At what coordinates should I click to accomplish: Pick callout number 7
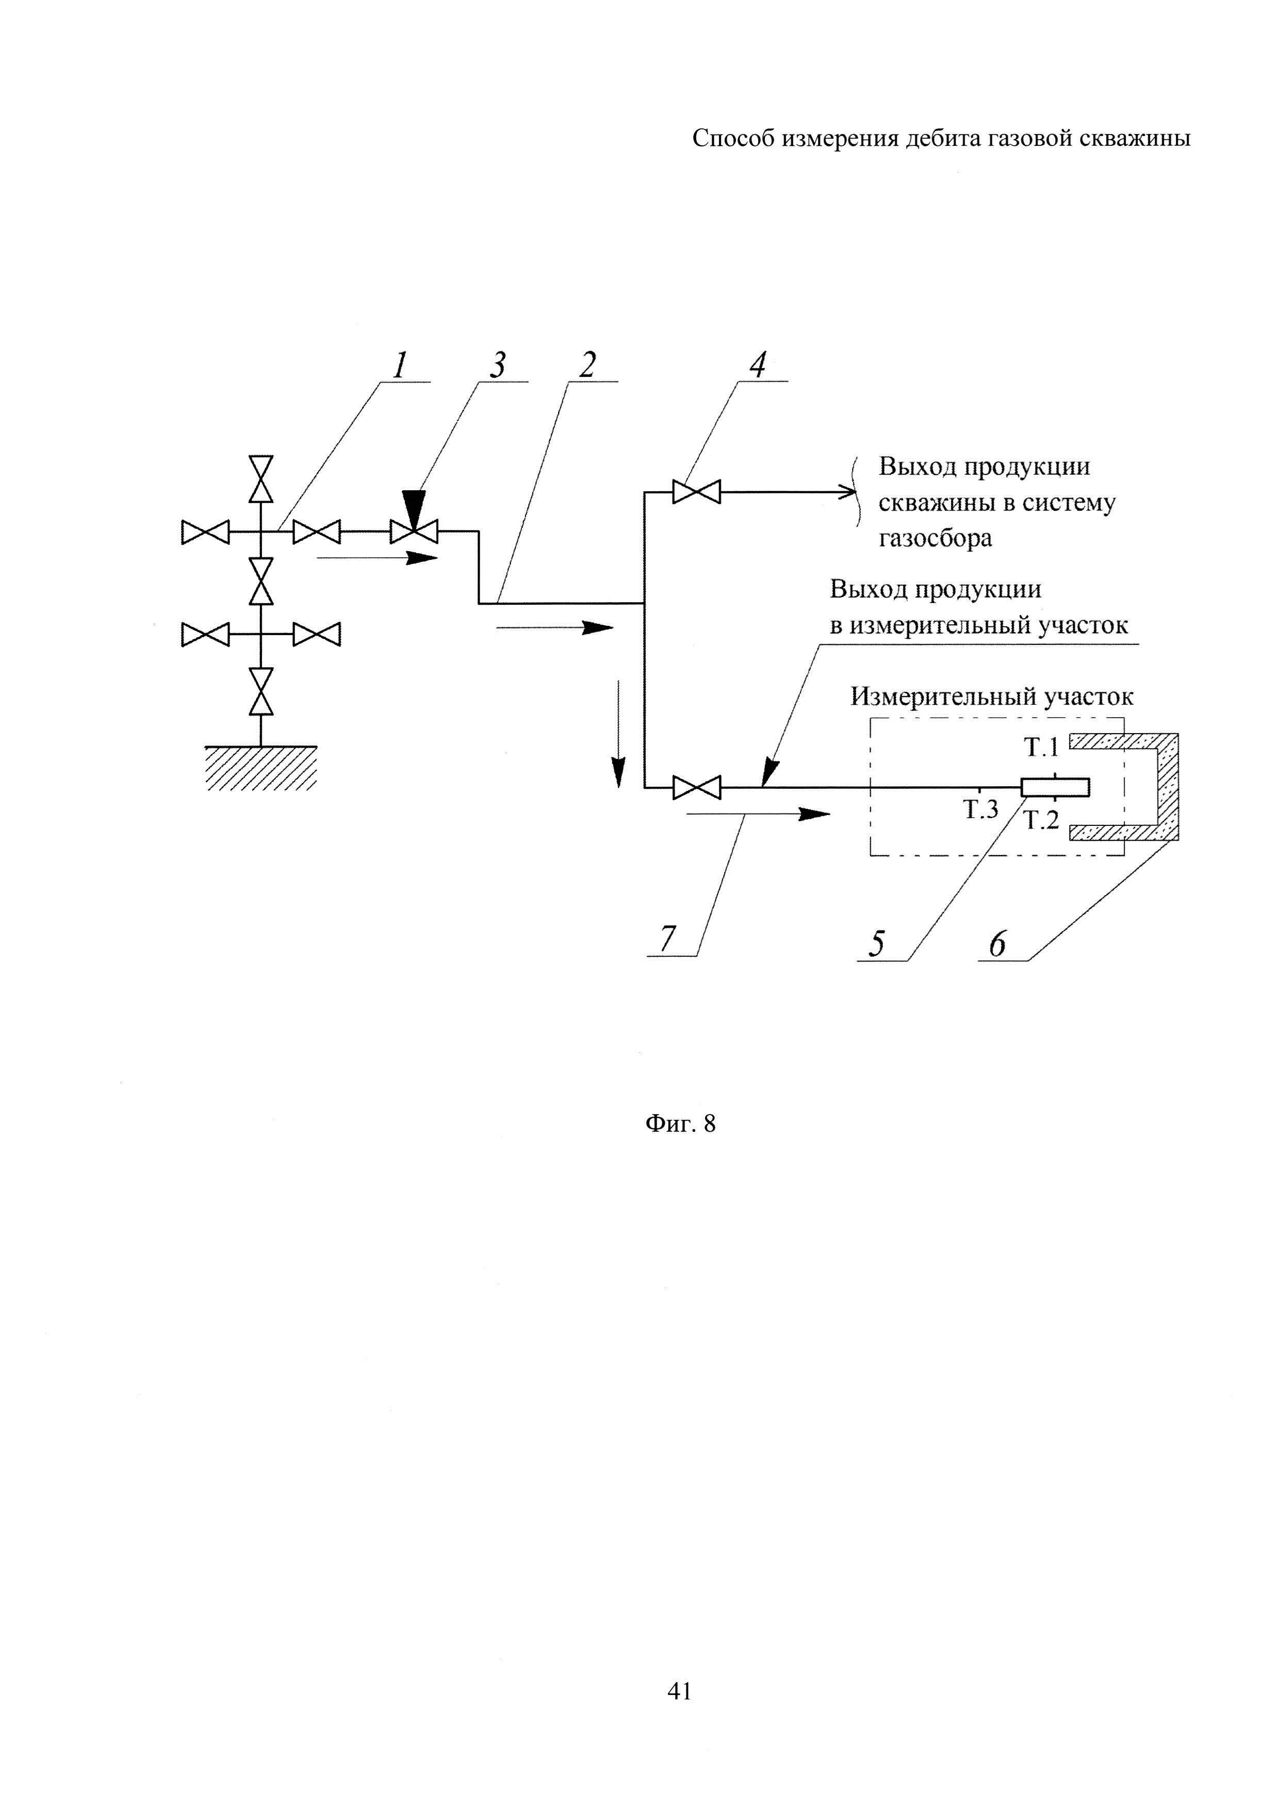[668, 939]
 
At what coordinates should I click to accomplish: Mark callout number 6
[997, 943]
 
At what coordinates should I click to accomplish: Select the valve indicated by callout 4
[696, 493]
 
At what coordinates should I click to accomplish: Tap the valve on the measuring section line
[696, 787]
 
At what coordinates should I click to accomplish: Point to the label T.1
[1041, 747]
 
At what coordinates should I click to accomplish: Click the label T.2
[1041, 821]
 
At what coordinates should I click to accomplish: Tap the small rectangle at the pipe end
[1055, 787]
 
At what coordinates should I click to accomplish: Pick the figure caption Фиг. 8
[680, 1124]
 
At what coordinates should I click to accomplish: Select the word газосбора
[935, 539]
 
